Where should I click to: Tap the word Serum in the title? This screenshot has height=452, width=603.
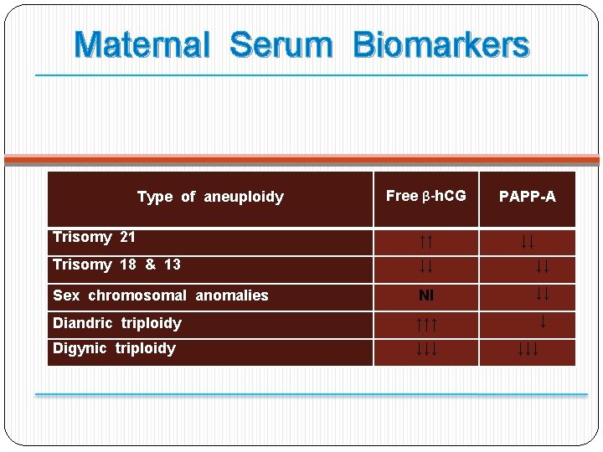point(281,45)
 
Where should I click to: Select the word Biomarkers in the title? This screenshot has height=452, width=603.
point(441,45)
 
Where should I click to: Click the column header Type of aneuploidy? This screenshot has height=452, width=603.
point(210,198)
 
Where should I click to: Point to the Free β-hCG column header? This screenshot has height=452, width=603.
point(425,196)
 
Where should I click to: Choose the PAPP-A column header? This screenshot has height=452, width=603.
point(527,197)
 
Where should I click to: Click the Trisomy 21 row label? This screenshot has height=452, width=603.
point(94,237)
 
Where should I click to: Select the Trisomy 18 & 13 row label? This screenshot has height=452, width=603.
point(116,265)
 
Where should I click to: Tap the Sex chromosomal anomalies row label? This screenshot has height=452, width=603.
point(161,295)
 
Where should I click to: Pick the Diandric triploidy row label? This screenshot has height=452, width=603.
point(117,323)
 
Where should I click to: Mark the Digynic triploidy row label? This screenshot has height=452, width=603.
point(114,348)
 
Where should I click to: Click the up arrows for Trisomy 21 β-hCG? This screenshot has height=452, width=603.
point(425,243)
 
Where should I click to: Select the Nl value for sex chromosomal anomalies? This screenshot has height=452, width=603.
point(426,296)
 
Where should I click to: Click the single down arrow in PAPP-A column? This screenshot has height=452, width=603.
point(543,321)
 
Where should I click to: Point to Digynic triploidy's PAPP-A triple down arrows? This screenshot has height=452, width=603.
point(527,349)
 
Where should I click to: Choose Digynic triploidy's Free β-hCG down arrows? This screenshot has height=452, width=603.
point(426,349)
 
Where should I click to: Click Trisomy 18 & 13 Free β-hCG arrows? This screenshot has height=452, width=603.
point(425,267)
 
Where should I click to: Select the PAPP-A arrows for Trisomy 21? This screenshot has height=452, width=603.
point(527,243)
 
